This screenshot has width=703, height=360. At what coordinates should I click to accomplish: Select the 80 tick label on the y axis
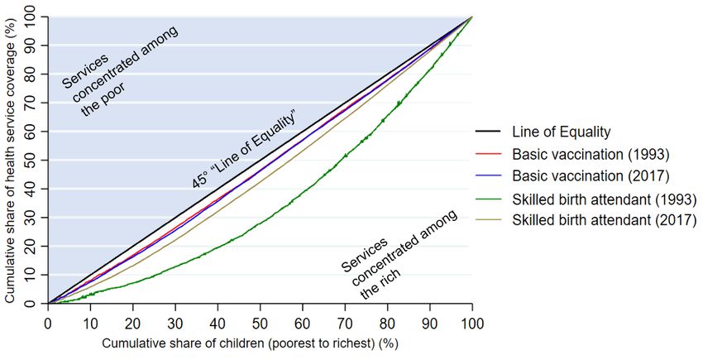[x=31, y=74]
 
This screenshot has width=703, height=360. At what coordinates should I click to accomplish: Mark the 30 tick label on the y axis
[x=31, y=218]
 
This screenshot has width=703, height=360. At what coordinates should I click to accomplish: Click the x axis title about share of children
[x=260, y=342]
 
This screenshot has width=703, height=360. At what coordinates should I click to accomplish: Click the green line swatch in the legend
[x=489, y=199]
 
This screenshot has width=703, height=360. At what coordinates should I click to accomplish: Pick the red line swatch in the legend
[x=489, y=154]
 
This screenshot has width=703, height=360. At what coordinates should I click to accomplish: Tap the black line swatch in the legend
[x=489, y=132]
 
